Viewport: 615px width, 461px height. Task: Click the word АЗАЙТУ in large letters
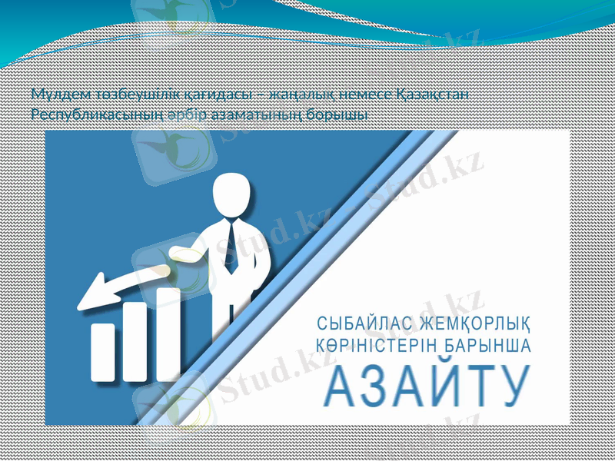tap(427, 386)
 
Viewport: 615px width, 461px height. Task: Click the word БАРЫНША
tap(488, 345)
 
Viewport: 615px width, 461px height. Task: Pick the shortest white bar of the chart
tap(103, 351)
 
